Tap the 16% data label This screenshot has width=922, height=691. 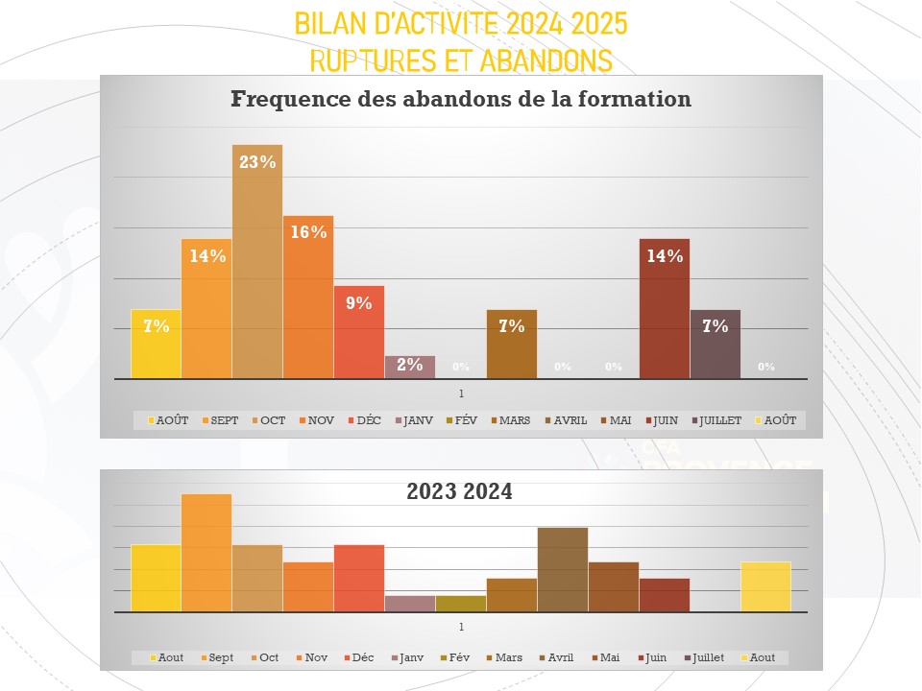coord(308,232)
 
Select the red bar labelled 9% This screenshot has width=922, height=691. coord(359,331)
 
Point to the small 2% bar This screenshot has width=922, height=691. coord(410,367)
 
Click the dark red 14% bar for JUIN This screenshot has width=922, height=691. coord(665,308)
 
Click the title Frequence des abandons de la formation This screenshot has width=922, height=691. coord(461,99)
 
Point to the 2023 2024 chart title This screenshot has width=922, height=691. coord(460,491)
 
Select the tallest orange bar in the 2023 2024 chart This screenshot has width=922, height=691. coord(206,553)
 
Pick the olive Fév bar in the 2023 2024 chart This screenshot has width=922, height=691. coord(461,604)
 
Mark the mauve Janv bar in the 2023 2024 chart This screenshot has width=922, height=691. coord(410,604)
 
